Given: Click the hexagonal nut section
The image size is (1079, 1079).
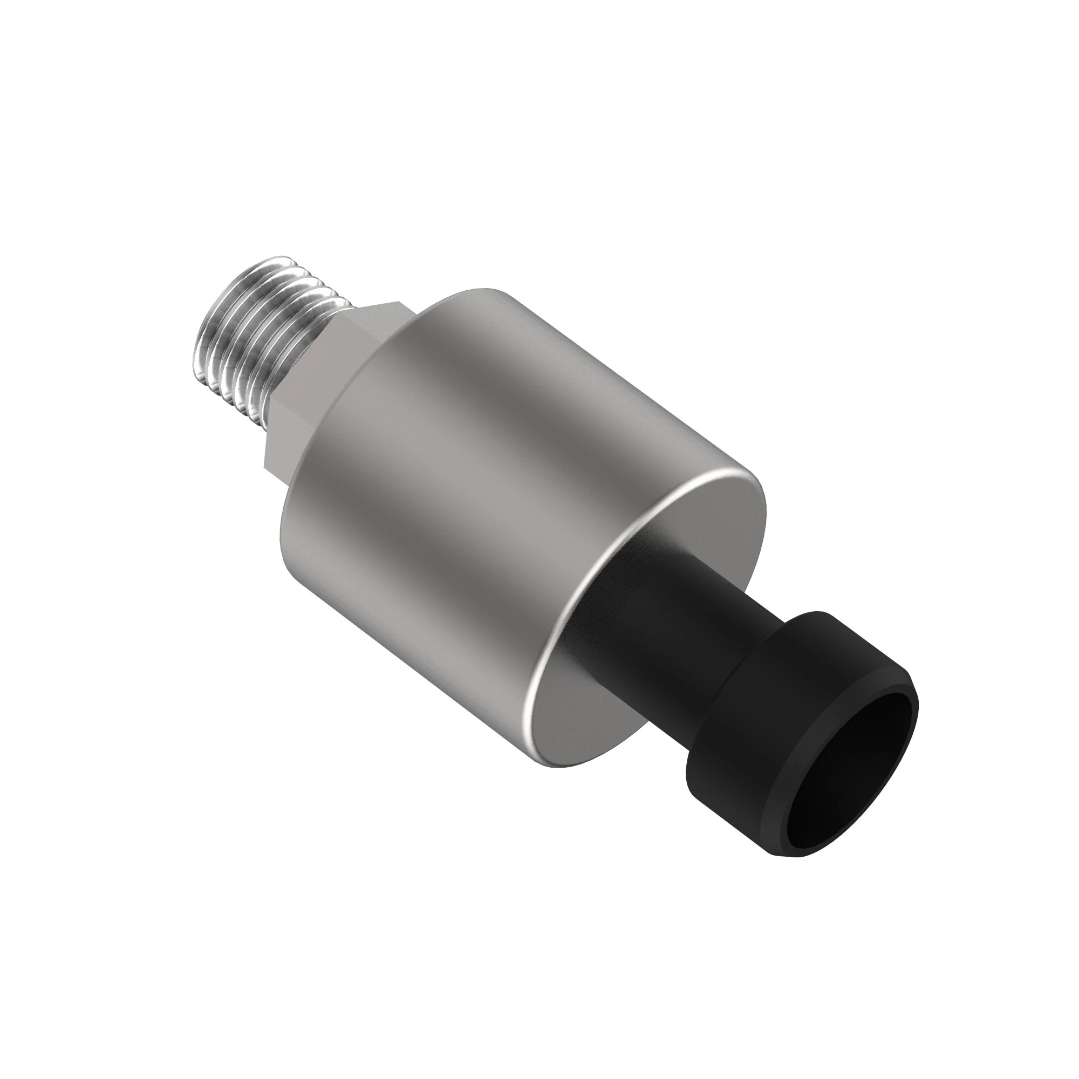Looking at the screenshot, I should [x=313, y=385].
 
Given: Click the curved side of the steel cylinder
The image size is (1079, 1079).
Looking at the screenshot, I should [x=475, y=475].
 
